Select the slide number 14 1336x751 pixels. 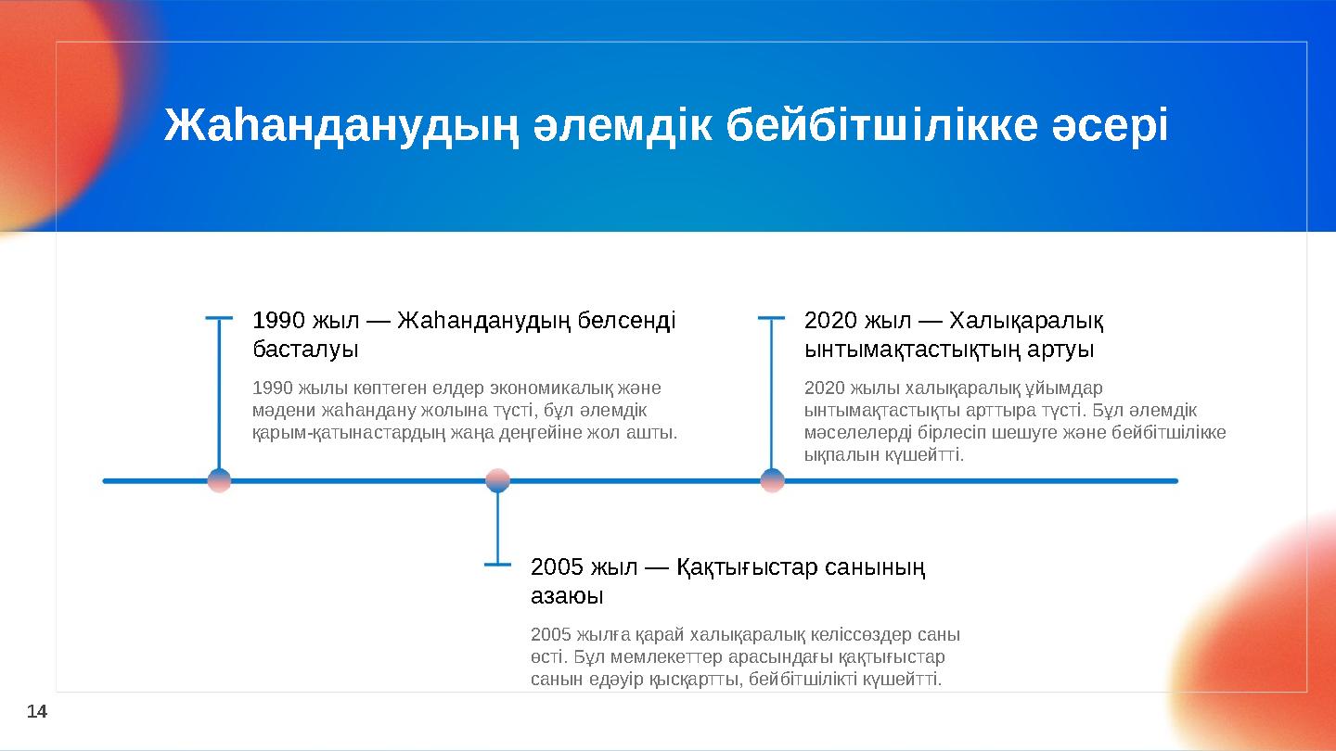pos(36,711)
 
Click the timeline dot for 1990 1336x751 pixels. pos(219,480)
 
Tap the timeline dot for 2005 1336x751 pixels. pos(498,480)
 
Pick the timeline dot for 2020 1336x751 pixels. pos(772,480)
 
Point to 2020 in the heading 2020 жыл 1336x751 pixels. pos(831,321)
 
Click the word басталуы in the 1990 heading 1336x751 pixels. pos(305,350)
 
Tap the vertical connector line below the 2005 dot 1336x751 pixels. pos(498,528)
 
